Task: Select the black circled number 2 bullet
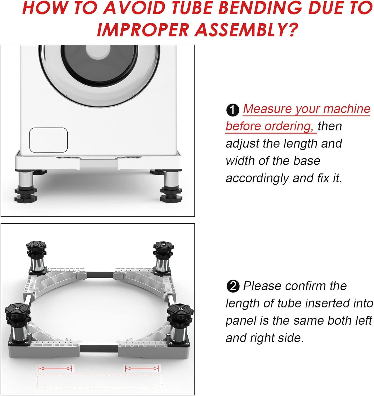point(233,286)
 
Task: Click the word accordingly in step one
point(257,178)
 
